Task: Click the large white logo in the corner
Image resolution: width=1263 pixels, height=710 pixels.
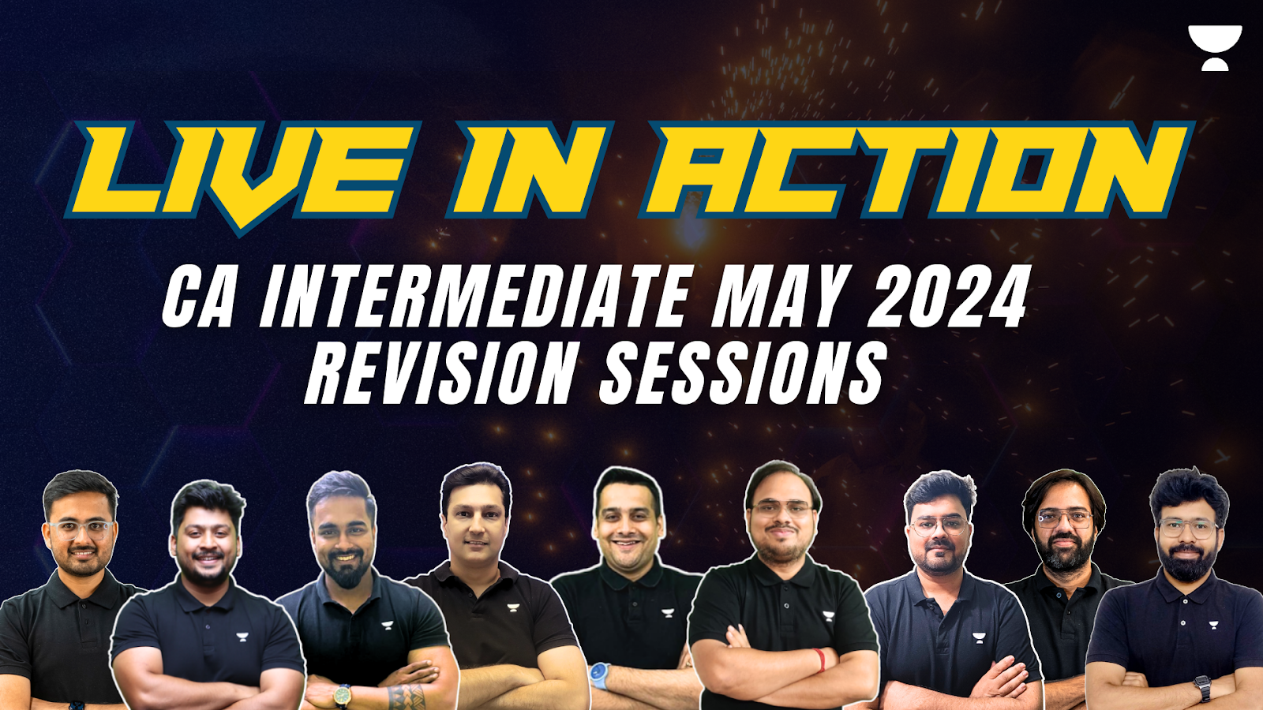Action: pos(1215,48)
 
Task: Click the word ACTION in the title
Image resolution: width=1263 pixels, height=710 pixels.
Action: pos(916,169)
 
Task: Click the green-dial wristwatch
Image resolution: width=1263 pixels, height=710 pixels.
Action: pos(343,696)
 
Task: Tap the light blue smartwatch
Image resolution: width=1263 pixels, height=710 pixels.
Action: pos(599,676)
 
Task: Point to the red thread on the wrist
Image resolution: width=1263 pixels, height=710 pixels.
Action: pos(819,660)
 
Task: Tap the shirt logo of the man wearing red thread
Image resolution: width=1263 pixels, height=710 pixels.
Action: pos(828,616)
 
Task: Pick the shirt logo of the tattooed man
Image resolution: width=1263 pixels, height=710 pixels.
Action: pos(387,625)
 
